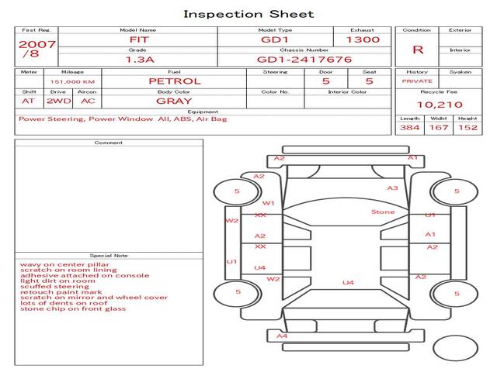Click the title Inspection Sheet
click(x=248, y=14)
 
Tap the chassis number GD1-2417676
click(x=304, y=59)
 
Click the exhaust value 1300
click(x=363, y=39)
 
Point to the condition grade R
click(x=418, y=50)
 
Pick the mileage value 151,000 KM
click(x=72, y=81)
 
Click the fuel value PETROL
click(x=174, y=81)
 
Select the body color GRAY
click(x=174, y=101)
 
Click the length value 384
click(x=409, y=127)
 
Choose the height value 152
click(x=467, y=127)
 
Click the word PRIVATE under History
click(x=417, y=81)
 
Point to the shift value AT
click(x=28, y=101)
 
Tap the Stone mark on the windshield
click(x=382, y=212)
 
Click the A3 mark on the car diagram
click(x=392, y=188)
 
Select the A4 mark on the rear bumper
click(x=282, y=336)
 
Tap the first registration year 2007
click(x=36, y=44)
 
